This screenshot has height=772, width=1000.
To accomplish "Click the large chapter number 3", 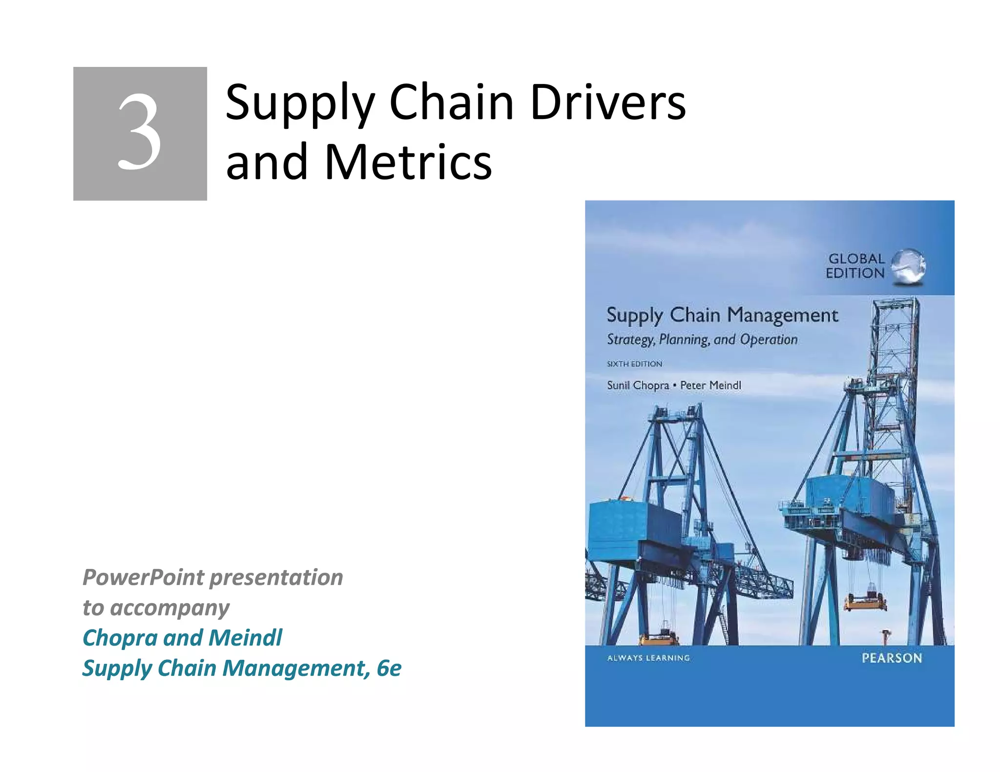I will pyautogui.click(x=140, y=133).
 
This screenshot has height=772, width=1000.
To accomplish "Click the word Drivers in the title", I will pyautogui.click(x=608, y=102).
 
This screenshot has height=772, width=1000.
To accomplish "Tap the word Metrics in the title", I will pyautogui.click(x=408, y=162).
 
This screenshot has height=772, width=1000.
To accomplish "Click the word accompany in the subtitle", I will pyautogui.click(x=170, y=608).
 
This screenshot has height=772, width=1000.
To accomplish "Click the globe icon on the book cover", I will pyautogui.click(x=908, y=266).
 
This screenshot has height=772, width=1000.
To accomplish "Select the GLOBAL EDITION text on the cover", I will pyautogui.click(x=855, y=266).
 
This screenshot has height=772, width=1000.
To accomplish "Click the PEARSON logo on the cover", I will pyautogui.click(x=892, y=658).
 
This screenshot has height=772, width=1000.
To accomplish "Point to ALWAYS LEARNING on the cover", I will pyautogui.click(x=648, y=658).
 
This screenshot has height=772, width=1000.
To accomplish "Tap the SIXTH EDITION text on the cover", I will pyautogui.click(x=634, y=364).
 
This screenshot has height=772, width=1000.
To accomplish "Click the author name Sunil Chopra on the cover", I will pyautogui.click(x=638, y=386).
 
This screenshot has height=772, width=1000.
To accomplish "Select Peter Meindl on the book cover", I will pyautogui.click(x=710, y=386).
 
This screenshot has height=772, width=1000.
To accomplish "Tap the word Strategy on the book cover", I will pyautogui.click(x=630, y=340).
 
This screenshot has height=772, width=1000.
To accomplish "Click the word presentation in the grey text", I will pyautogui.click(x=276, y=577).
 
